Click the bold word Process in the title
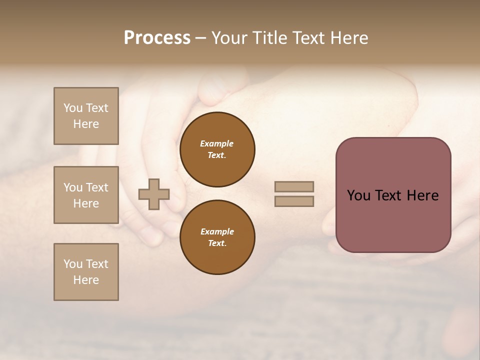point(157,38)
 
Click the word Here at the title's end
point(347,38)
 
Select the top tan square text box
point(86,116)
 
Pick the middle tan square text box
point(86,195)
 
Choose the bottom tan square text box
point(86,272)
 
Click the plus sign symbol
point(154,194)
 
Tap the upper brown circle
point(217,149)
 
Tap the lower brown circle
point(217,237)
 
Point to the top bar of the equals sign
point(294,186)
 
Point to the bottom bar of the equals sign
point(294,201)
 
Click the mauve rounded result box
point(393,195)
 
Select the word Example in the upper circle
point(216,143)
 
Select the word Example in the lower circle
point(216,231)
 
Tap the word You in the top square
point(72,108)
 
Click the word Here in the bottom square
point(86,280)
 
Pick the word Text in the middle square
point(96,187)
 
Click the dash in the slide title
point(200,38)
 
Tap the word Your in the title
point(229,38)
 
